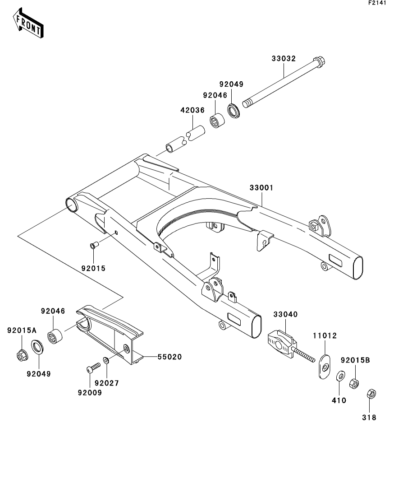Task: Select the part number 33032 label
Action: coord(284,59)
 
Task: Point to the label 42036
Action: coord(192,110)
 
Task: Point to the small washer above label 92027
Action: coord(105,360)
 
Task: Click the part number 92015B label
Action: coord(355,360)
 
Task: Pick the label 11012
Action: coord(325,336)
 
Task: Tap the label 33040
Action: coord(284,314)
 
